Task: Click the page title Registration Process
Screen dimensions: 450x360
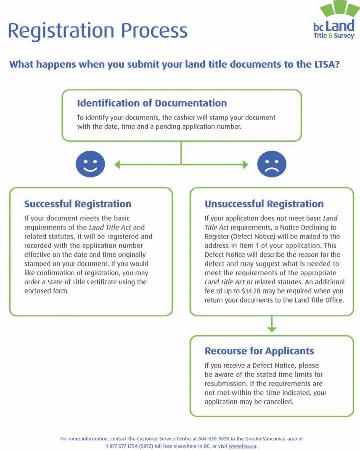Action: (x=98, y=31)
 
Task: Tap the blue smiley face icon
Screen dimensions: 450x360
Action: (x=90, y=164)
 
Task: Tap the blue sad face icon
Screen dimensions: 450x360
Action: (x=272, y=164)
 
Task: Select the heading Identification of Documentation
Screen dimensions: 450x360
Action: (x=152, y=103)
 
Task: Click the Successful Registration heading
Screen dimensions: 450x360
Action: (x=78, y=204)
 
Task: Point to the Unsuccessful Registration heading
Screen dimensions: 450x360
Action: (x=264, y=204)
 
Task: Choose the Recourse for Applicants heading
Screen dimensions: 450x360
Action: (x=259, y=351)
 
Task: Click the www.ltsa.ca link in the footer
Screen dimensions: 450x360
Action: (x=242, y=446)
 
